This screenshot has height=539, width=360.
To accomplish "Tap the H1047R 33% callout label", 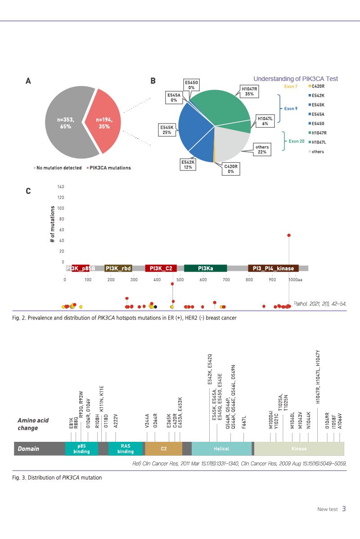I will (x=249, y=91).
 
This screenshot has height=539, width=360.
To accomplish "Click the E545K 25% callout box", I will (x=166, y=130).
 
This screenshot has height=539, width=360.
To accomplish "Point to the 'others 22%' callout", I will (x=262, y=150).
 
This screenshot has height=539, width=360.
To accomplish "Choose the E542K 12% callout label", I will (x=188, y=164).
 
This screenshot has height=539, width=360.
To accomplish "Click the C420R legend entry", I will (x=318, y=86).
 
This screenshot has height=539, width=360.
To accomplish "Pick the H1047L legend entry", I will (x=318, y=142).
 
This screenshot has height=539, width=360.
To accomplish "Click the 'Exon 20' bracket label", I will (x=296, y=141).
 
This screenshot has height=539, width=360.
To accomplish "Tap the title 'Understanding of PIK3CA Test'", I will (x=295, y=79).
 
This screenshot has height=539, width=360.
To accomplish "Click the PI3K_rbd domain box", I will (x=118, y=269).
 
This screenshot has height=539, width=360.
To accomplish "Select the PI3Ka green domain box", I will (x=205, y=269).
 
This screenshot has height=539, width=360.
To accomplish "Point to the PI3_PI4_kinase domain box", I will (x=273, y=269).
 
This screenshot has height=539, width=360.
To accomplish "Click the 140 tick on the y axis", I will (x=61, y=187).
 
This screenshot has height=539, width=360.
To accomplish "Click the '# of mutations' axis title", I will (x=52, y=225).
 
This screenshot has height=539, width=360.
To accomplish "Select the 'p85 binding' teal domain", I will (x=81, y=449).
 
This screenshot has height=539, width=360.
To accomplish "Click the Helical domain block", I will (x=221, y=449).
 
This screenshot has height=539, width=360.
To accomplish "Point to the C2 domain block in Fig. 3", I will (x=163, y=449).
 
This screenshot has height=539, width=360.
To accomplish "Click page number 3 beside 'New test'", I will (x=344, y=509).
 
